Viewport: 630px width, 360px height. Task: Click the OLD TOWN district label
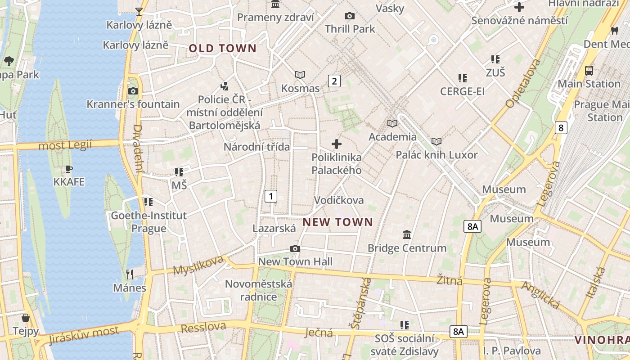222,49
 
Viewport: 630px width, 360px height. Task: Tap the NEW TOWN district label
338,222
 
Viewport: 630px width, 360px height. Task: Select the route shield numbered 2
334,81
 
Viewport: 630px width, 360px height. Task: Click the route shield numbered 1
270,196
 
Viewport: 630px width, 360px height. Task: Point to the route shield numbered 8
560,128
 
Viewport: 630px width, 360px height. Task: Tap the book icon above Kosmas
300,75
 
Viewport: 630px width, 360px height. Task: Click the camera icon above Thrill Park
349,16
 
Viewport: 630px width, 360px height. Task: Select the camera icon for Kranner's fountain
133,91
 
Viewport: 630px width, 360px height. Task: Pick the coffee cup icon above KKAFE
68,169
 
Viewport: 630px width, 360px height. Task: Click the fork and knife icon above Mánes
130,274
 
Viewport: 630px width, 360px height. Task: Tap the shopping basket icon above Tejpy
26,318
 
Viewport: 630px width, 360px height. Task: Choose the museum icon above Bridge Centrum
407,234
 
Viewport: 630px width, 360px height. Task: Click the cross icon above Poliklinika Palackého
336,144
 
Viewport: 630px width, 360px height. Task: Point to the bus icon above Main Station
589,71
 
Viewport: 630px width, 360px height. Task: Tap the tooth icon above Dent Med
614,31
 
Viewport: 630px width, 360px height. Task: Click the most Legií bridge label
65,145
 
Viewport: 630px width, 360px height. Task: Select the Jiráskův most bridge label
84,335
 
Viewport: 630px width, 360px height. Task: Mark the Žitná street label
450,281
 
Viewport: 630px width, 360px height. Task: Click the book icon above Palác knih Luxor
436,141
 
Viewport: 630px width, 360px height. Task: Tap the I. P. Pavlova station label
512,351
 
